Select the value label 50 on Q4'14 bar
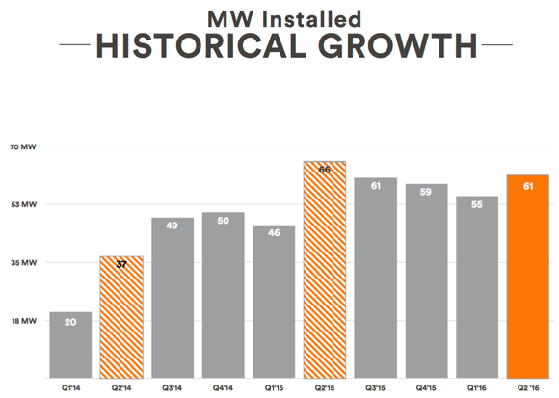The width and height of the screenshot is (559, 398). (x=223, y=222)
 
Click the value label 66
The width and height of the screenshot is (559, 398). (x=325, y=171)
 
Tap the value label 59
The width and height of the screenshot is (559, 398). (x=426, y=193)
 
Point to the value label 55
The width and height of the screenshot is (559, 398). (x=477, y=205)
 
